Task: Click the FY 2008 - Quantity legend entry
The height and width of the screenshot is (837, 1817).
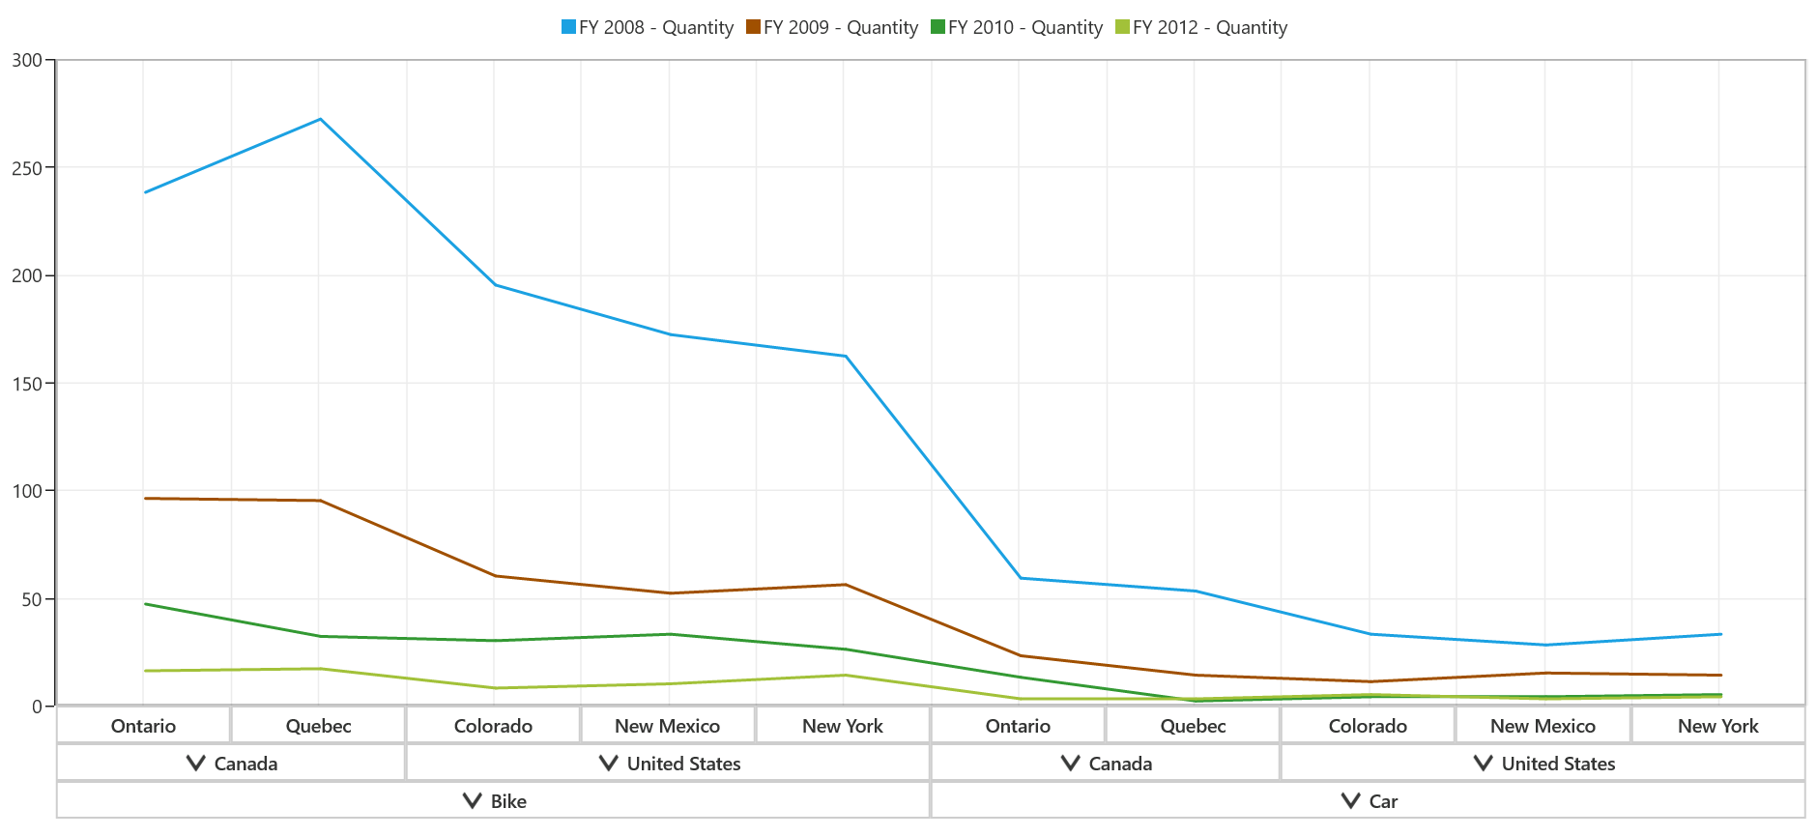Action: coord(648,27)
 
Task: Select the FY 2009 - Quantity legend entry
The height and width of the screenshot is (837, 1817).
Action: coord(832,27)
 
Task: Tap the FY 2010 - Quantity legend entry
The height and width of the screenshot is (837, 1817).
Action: coord(1017,27)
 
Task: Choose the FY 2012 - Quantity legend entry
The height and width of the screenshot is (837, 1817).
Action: coord(1201,27)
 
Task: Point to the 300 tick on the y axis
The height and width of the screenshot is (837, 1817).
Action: coord(27,60)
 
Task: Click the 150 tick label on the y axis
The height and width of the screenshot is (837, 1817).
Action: coord(27,384)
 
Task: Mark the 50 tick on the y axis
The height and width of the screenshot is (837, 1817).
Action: coord(32,599)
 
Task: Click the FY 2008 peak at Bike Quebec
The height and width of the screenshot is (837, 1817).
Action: coord(320,119)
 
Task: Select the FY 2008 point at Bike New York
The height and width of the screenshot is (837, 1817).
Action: coord(846,356)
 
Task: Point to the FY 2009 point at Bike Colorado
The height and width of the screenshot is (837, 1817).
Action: coord(495,576)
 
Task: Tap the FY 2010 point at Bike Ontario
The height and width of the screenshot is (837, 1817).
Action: coord(145,604)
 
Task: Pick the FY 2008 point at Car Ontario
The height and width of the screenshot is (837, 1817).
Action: coord(1021,578)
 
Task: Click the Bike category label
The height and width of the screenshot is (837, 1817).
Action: coord(508,801)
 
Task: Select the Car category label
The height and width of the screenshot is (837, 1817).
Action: coord(1383,801)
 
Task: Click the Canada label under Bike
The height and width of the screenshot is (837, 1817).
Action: coord(245,764)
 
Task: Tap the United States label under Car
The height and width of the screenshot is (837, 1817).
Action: coord(1558,764)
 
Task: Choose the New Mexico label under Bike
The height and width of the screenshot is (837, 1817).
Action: coord(667,726)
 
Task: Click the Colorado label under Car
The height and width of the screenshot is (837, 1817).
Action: coord(1368,726)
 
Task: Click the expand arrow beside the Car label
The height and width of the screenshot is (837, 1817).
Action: coord(1351,801)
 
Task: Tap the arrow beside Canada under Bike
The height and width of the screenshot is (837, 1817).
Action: coord(196,764)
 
